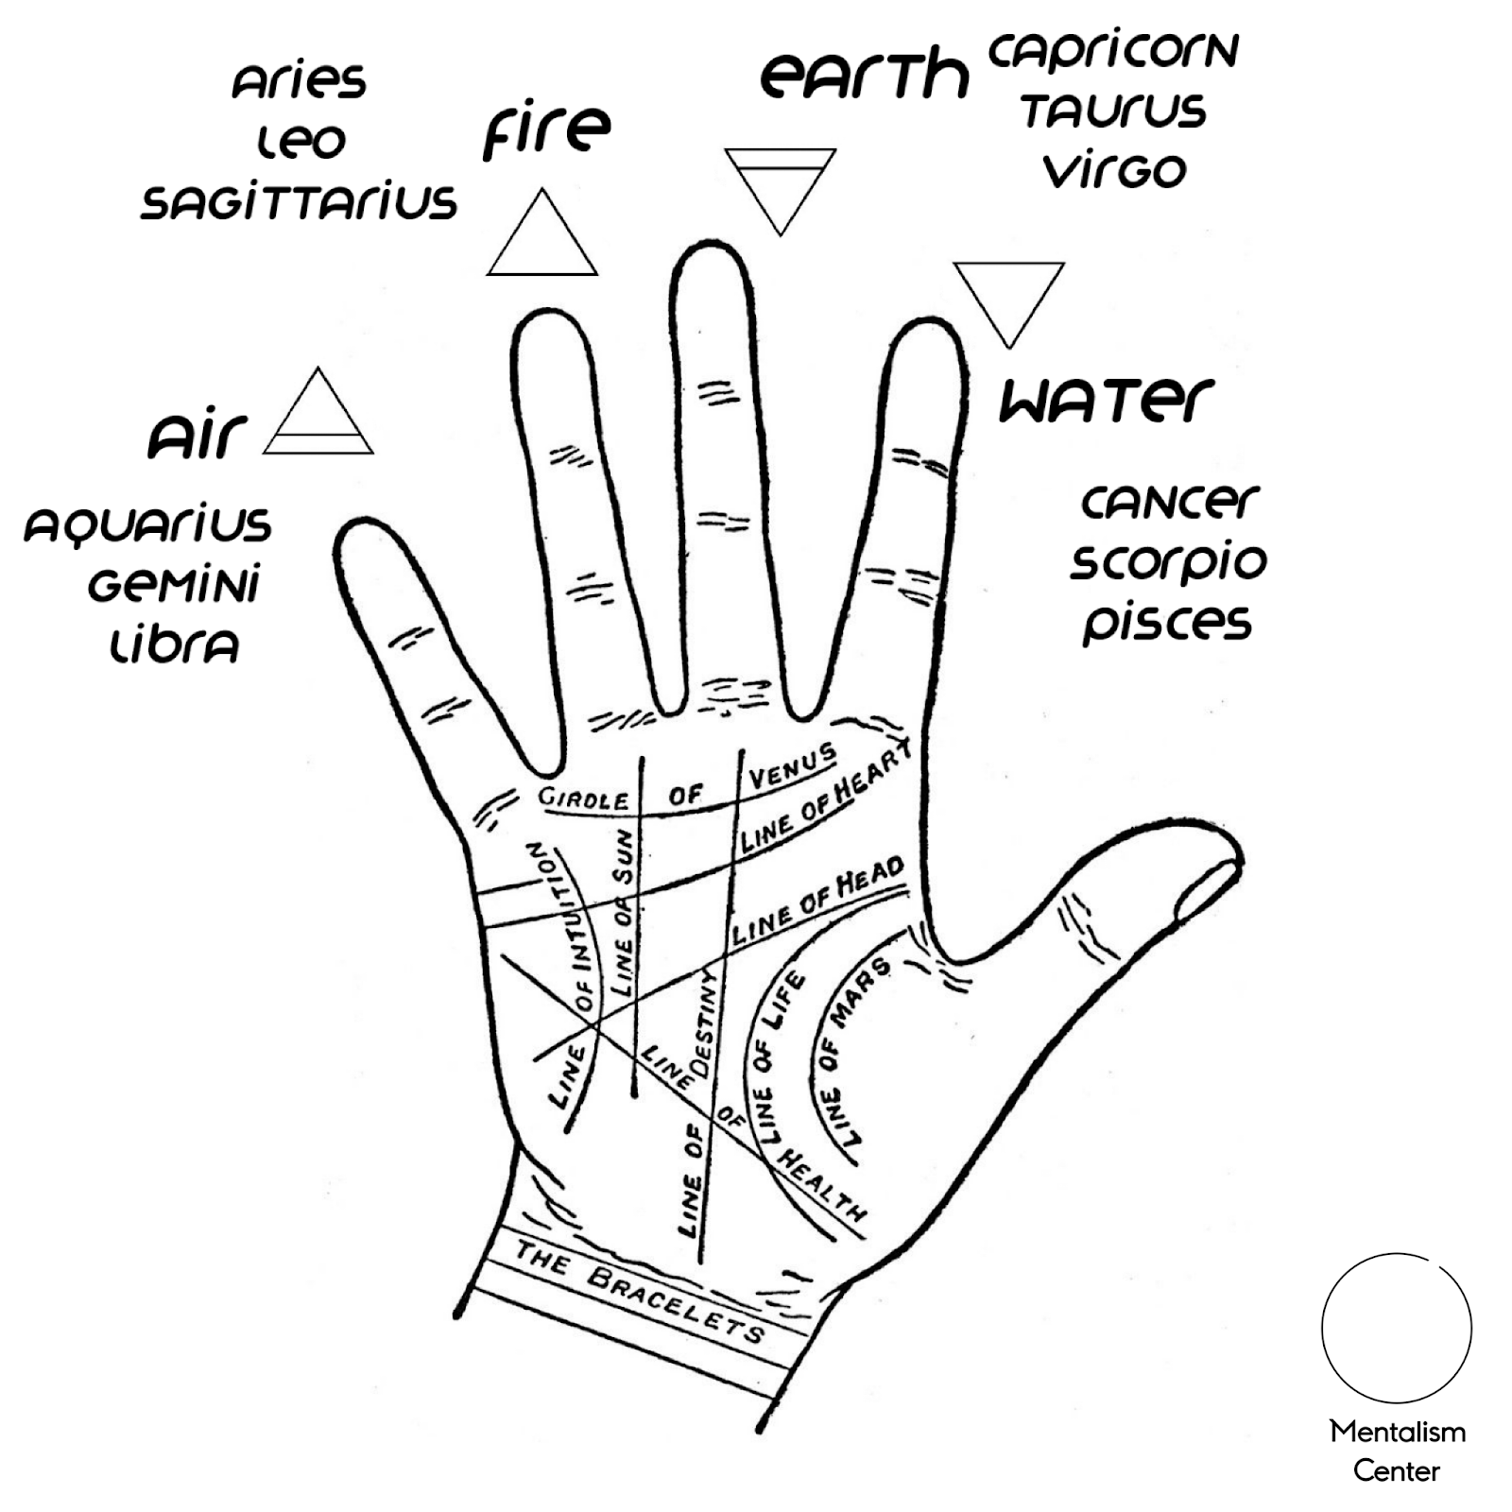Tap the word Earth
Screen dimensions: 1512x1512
(865, 76)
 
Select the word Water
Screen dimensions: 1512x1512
(1107, 400)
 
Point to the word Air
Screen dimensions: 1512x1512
(197, 436)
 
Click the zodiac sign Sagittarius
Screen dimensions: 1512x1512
(299, 203)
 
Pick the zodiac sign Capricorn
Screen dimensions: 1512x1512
(1113, 51)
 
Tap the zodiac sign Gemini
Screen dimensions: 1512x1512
(174, 586)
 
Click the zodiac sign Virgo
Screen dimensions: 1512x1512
(1115, 172)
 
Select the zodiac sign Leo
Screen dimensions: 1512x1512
(302, 142)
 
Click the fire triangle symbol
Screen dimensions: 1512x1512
(541, 232)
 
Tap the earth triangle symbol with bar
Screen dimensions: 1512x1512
(781, 191)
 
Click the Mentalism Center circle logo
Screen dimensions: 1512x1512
(1396, 1328)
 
